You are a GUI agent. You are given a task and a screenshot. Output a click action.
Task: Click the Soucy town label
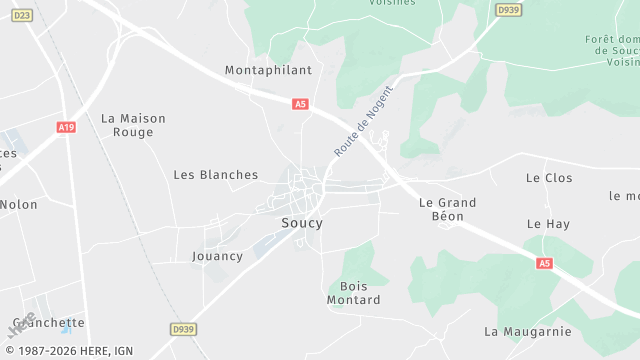point(302,223)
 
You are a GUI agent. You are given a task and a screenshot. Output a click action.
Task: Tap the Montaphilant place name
point(268,70)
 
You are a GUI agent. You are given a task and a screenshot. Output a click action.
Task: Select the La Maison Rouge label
point(133,125)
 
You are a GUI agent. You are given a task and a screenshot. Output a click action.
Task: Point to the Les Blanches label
point(216,174)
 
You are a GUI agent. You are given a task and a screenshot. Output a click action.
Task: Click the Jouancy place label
point(217,256)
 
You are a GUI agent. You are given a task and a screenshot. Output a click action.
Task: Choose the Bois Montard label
point(353,293)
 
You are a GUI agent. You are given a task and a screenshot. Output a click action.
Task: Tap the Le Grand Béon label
point(447,209)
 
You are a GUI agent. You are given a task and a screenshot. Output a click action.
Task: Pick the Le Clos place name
point(549,177)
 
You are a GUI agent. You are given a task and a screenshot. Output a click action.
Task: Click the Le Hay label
point(548,224)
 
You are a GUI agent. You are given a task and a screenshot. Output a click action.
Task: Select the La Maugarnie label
point(527,331)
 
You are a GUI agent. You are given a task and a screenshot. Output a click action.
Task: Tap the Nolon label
point(18,204)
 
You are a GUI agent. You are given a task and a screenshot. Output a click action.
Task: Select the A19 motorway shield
point(66,127)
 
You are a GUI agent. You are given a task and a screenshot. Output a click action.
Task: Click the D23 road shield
point(23,15)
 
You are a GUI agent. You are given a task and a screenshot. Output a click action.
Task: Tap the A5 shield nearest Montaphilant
point(300,103)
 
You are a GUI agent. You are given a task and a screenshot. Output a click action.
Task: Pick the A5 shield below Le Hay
point(544,263)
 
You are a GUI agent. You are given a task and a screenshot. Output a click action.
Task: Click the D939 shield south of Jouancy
point(182,328)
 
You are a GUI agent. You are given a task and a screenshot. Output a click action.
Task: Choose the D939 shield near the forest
point(507,10)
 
